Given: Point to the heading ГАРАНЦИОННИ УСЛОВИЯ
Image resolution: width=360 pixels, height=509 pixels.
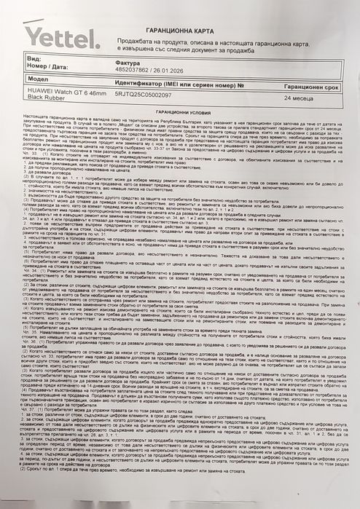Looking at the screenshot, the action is click(192, 122).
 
